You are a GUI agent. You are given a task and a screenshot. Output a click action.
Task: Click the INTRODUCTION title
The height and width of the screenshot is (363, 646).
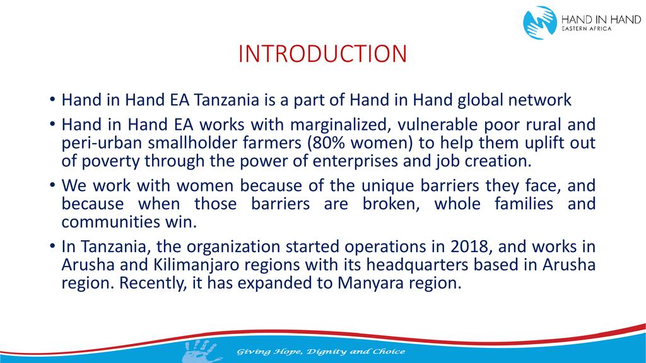point(322,54)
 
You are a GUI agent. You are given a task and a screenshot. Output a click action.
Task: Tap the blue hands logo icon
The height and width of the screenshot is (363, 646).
point(540,22)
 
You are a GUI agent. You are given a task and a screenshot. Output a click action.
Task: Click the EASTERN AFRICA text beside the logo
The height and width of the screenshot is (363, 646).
point(587,29)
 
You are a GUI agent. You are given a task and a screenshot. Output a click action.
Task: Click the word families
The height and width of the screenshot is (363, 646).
point(524,204)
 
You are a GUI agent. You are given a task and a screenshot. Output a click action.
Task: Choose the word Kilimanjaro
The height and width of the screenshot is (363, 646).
point(196,265)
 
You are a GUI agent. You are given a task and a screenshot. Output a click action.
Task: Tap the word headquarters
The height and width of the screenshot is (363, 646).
point(417,265)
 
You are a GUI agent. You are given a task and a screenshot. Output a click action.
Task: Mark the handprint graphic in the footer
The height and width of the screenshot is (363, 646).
point(201,350)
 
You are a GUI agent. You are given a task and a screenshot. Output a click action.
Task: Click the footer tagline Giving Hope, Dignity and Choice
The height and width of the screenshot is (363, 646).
point(321,352)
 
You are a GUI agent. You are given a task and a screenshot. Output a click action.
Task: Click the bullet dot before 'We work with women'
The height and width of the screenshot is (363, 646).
point(52,185)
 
